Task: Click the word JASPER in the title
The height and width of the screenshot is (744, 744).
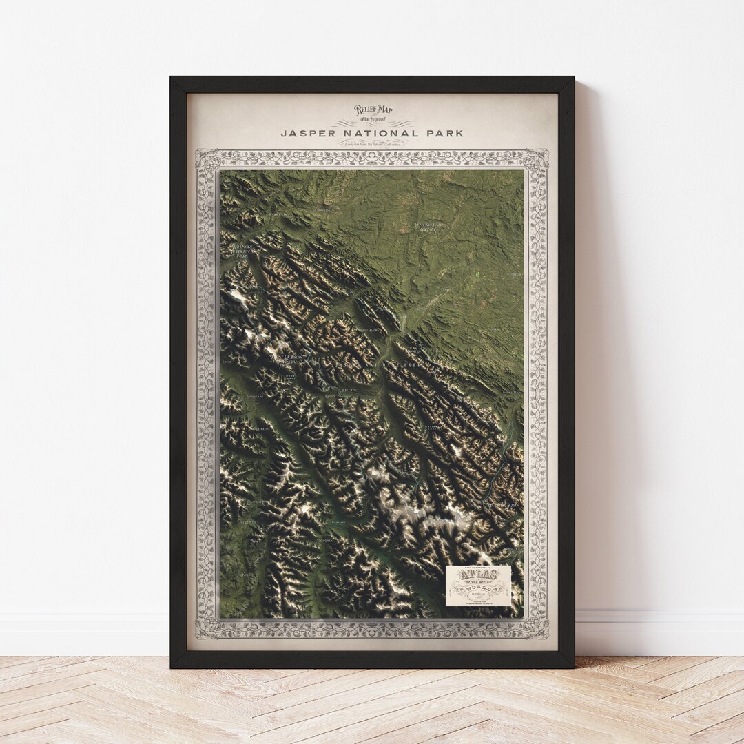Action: click(307, 132)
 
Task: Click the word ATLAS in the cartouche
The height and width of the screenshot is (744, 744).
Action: click(477, 577)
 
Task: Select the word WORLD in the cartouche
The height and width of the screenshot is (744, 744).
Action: click(477, 589)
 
